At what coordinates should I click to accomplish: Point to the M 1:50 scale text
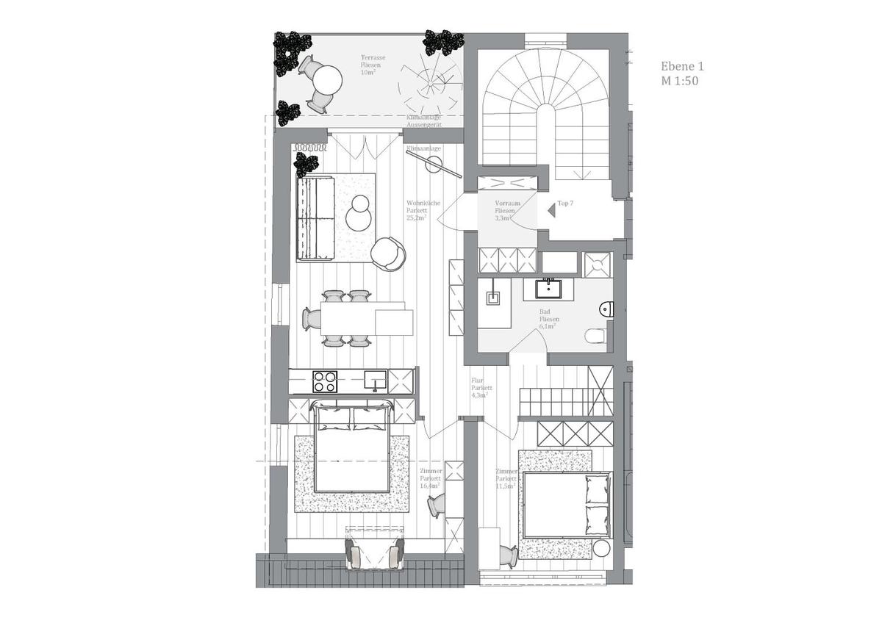click(680, 81)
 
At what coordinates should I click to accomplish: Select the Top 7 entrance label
click(565, 203)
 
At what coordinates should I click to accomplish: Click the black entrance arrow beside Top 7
click(551, 210)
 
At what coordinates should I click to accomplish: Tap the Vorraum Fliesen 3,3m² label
click(509, 210)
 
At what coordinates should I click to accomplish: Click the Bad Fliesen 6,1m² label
click(549, 319)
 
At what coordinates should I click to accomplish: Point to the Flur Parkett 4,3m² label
click(481, 388)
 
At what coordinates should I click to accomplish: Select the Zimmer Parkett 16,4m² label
click(430, 478)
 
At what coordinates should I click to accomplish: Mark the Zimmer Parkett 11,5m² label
click(506, 479)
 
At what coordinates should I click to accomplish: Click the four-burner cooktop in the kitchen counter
click(325, 381)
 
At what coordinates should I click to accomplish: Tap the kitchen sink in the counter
click(376, 381)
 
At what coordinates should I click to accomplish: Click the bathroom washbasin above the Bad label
click(547, 288)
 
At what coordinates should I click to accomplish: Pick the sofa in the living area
click(315, 217)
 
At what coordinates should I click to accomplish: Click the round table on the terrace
click(329, 78)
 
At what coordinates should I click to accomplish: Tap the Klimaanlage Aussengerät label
click(424, 121)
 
